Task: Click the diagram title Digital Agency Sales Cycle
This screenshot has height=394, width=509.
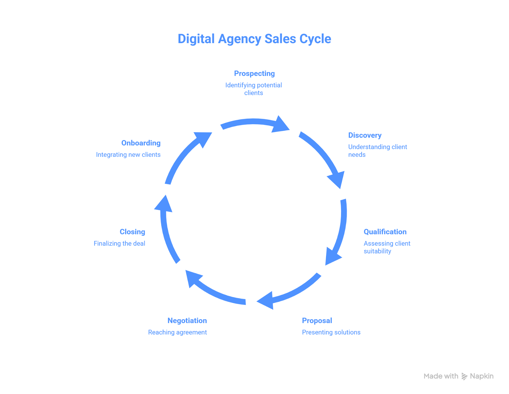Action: tap(254, 39)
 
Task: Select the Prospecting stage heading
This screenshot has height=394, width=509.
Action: tap(254, 74)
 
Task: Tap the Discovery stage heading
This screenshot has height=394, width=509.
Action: tap(365, 135)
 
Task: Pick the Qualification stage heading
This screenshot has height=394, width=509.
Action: tap(385, 232)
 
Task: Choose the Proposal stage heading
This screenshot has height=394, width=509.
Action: tap(317, 321)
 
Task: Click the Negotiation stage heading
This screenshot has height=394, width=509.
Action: tap(187, 321)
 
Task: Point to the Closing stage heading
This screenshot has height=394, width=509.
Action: tap(132, 232)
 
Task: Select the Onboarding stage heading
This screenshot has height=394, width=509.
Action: tap(141, 143)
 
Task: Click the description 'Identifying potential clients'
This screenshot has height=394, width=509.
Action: tap(254, 89)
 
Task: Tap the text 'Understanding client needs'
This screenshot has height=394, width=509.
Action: tap(377, 151)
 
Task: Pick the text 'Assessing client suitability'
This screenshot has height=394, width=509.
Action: tap(387, 247)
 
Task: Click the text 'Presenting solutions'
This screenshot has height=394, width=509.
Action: tap(331, 332)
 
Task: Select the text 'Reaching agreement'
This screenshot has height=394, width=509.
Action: tap(178, 332)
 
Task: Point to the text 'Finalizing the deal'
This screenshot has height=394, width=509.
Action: tap(119, 243)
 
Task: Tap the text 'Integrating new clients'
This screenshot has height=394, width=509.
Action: tap(128, 154)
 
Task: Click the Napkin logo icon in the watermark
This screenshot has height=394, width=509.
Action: tap(464, 376)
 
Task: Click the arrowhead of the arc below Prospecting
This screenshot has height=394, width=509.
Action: tap(280, 125)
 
